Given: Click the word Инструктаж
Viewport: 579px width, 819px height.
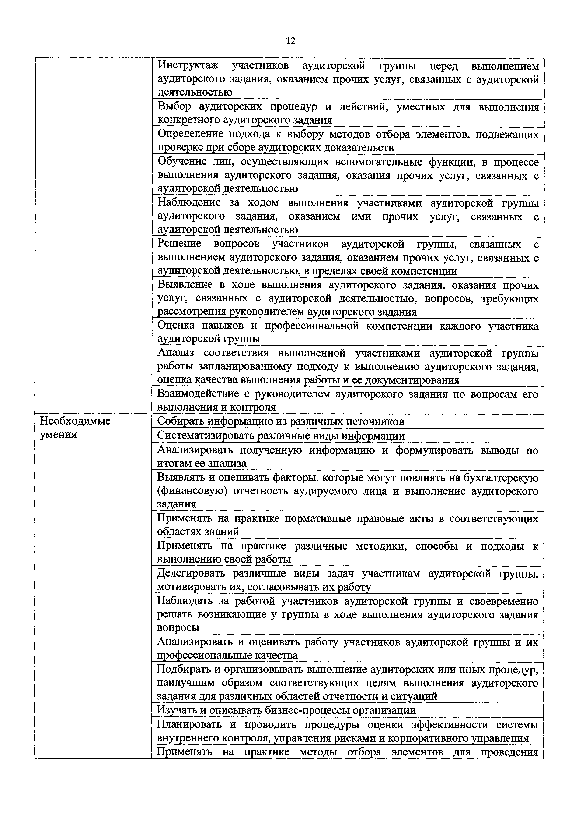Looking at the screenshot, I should [188, 66].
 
